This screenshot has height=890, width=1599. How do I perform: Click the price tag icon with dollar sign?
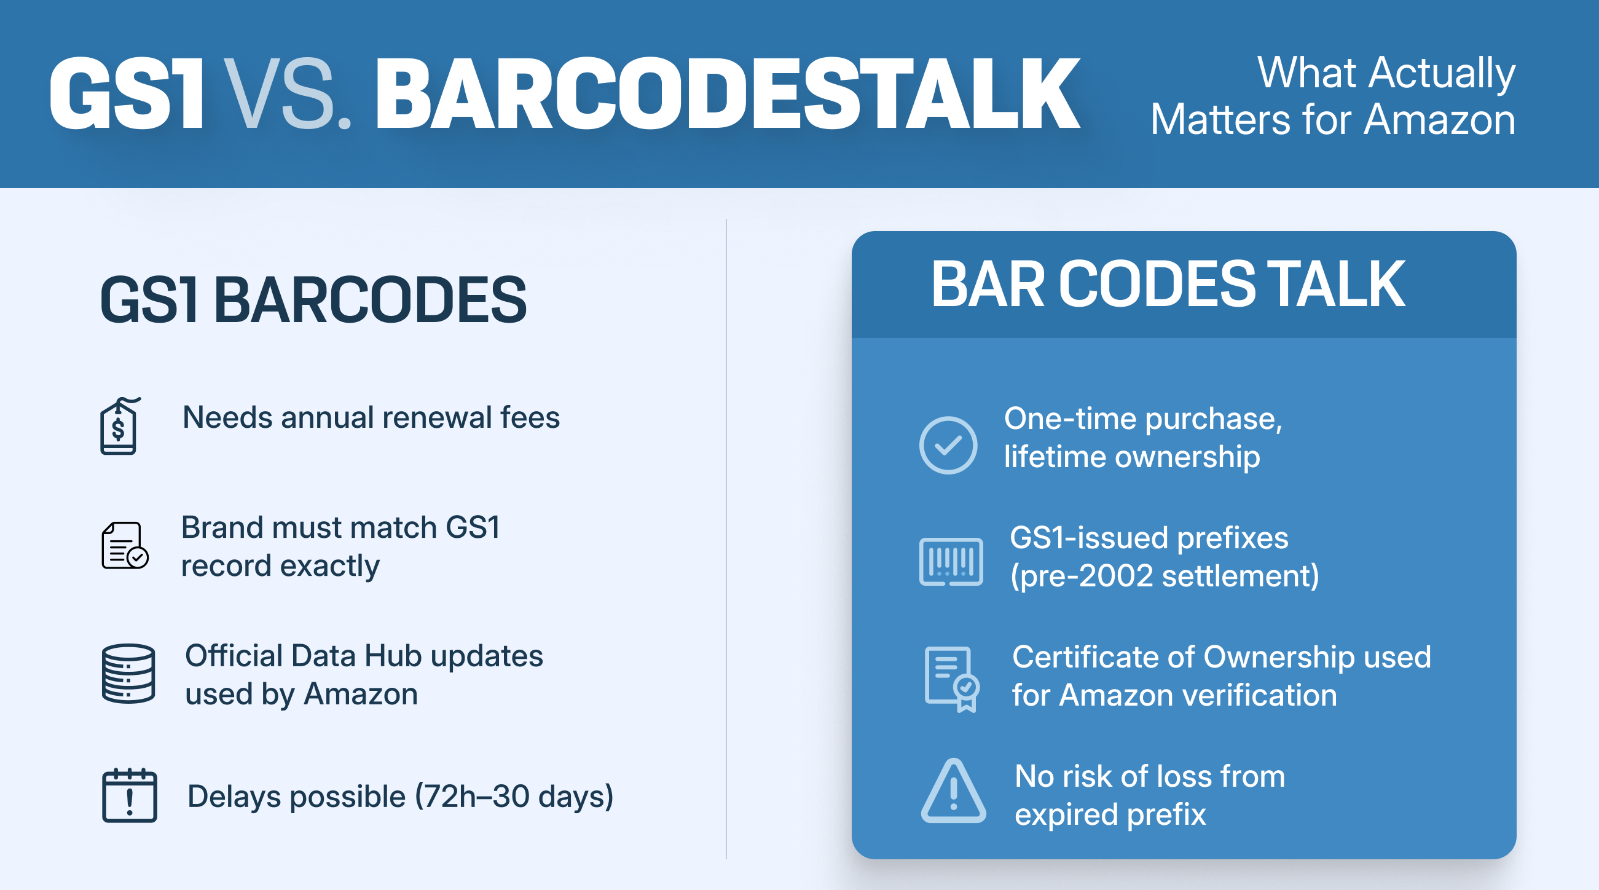[x=120, y=426]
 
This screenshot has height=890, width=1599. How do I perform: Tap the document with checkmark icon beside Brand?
[x=125, y=546]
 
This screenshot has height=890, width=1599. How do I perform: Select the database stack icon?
[x=128, y=674]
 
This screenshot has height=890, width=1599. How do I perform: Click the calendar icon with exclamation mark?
[x=129, y=795]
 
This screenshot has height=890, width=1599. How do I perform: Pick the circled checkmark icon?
[x=948, y=445]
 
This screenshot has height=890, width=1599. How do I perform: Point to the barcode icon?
[x=951, y=562]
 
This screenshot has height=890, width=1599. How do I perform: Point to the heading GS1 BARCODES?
[x=313, y=301]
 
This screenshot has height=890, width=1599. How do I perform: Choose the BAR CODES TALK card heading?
[x=1168, y=284]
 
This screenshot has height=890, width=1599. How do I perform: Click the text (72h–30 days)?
[x=514, y=797]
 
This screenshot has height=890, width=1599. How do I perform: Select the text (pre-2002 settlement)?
[x=1165, y=576]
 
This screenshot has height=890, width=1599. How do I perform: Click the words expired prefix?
[x=1110, y=815]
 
